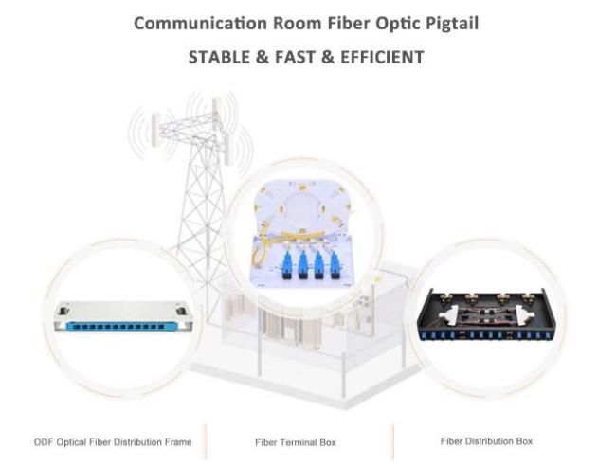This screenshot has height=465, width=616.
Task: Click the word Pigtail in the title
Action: click(452, 24)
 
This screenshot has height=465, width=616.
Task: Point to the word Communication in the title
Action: click(200, 23)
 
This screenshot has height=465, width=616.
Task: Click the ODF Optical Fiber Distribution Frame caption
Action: click(113, 442)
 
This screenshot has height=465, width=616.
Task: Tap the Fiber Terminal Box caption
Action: click(296, 442)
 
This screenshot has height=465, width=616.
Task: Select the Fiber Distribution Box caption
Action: click(486, 441)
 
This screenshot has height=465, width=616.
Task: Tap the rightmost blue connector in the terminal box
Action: click(335, 265)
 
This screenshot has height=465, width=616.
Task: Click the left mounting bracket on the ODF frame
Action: click(63, 311)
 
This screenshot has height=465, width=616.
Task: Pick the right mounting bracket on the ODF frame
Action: click(181, 311)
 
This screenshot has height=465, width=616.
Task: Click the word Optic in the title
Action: click(398, 24)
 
